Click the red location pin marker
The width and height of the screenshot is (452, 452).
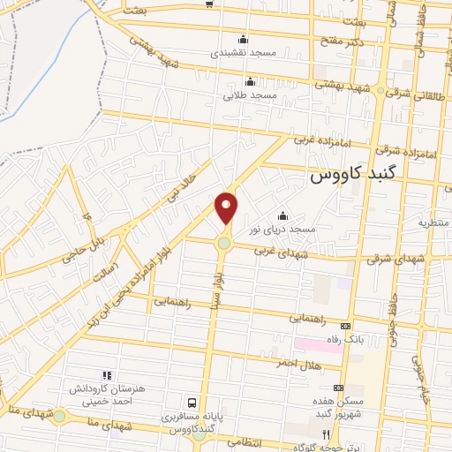[227, 207]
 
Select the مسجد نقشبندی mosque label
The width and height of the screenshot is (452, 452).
[244, 52]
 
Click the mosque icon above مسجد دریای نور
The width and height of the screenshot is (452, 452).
[283, 216]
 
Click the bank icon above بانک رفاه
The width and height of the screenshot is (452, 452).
[345, 324]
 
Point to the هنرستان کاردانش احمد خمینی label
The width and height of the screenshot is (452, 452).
[107, 394]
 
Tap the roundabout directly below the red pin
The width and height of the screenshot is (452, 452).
[225, 244]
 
